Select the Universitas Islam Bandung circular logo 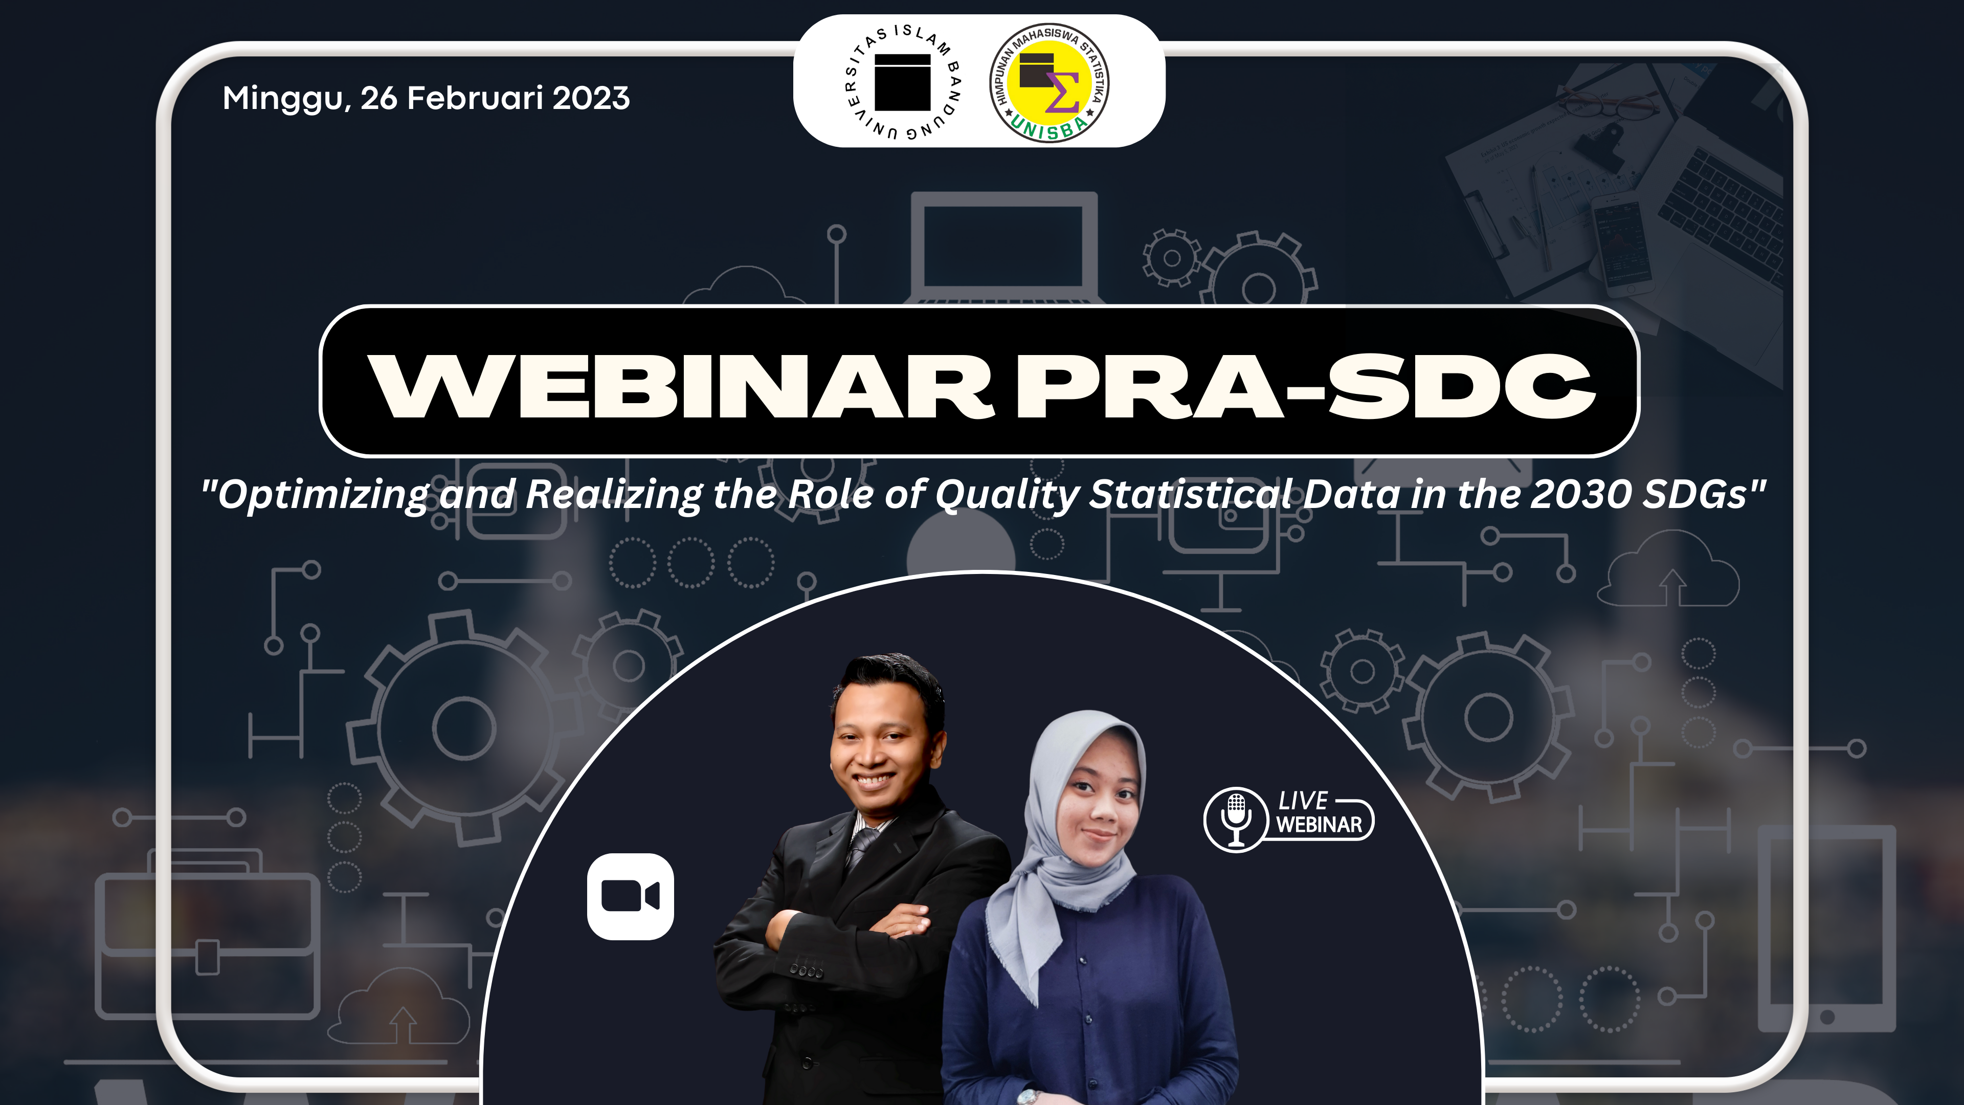coord(903,82)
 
